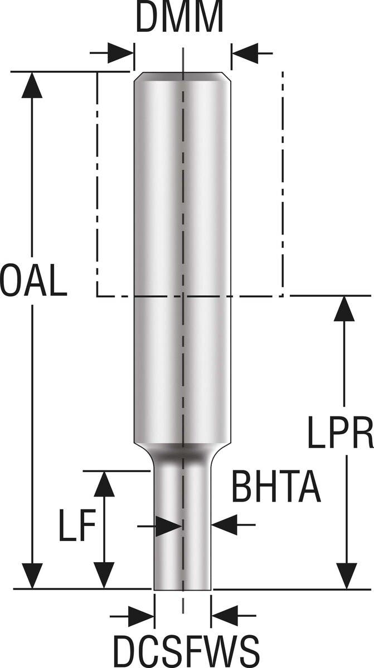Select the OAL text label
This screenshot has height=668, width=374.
click(x=34, y=281)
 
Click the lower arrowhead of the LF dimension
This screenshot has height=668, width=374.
click(x=104, y=576)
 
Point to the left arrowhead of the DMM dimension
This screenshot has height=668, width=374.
click(x=122, y=53)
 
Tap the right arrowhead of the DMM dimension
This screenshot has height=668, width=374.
click(x=244, y=53)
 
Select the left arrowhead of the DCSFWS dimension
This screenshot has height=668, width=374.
click(x=142, y=616)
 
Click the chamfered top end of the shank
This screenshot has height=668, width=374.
click(x=182, y=76)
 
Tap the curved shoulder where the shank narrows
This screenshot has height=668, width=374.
click(x=182, y=448)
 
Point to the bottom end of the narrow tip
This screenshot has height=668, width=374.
click(x=182, y=588)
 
